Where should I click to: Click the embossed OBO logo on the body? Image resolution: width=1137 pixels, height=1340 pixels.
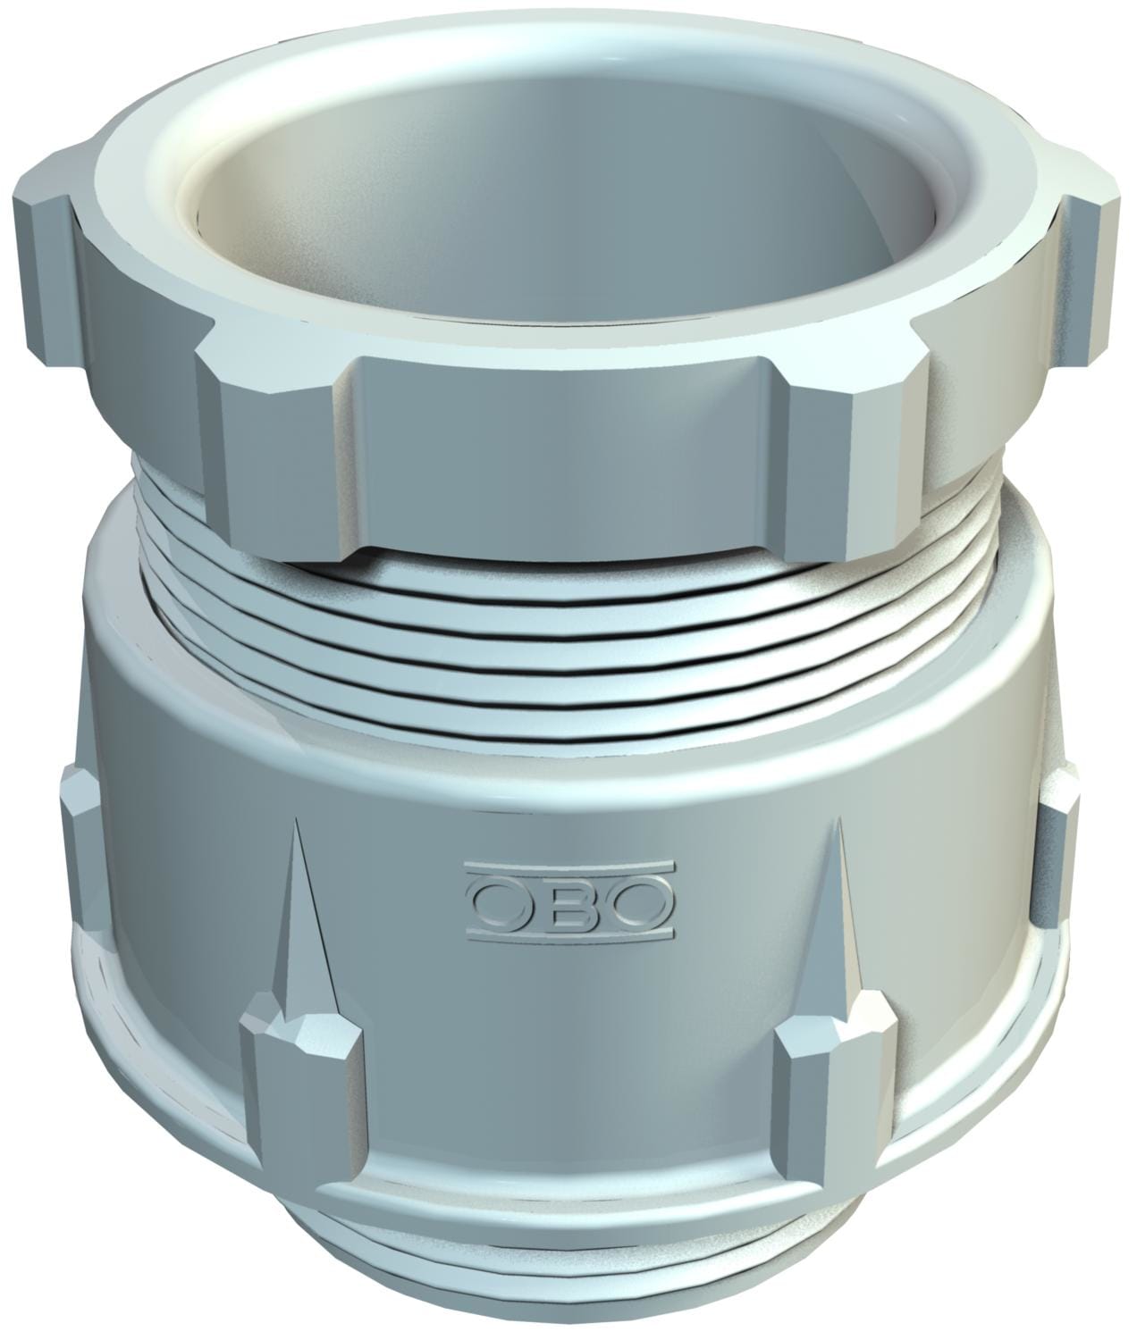tap(568, 901)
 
